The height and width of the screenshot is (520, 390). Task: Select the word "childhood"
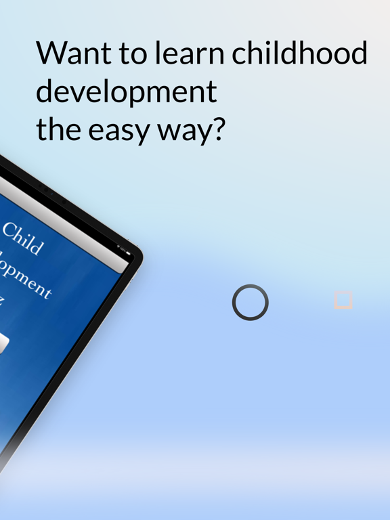(x=299, y=53)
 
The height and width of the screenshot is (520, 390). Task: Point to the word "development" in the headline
(x=127, y=92)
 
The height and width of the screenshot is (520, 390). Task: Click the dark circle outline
(x=251, y=302)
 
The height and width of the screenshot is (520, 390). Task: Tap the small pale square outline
(x=343, y=300)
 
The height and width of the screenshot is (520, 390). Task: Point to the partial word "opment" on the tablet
(x=27, y=278)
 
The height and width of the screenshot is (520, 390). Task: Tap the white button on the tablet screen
(x=3, y=343)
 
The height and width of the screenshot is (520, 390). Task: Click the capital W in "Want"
(x=51, y=53)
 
